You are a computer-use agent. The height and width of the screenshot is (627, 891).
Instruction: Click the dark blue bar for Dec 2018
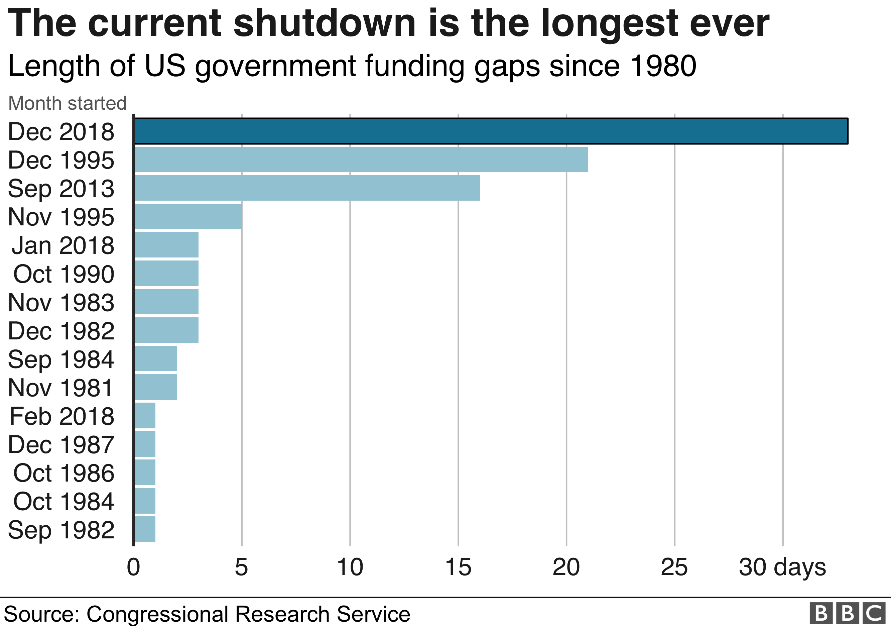coord(491,131)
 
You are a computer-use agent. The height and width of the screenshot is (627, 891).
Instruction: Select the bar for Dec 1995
coord(361,159)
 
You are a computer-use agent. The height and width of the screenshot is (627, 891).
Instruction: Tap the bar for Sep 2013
coord(307,188)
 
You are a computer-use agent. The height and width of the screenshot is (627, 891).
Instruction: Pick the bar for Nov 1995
coord(188,216)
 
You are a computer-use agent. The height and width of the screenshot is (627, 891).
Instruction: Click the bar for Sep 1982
coord(145,529)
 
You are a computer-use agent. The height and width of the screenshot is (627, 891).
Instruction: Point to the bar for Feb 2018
coord(145,415)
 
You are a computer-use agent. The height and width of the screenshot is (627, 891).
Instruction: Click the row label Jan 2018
coord(63,245)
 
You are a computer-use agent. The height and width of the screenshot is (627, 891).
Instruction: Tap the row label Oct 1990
coord(63,274)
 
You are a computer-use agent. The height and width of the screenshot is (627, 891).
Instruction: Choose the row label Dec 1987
coord(61,444)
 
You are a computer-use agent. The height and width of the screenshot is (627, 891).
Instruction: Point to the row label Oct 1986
coord(63,473)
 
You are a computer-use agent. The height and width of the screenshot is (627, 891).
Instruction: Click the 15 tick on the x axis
coord(458,567)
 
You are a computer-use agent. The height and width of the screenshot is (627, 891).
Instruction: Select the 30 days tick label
coord(782,567)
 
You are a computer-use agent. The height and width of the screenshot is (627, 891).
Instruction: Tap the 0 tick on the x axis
coord(133,567)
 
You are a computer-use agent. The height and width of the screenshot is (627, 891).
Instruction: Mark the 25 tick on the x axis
coord(674,567)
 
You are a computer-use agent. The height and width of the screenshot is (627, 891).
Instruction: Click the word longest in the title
coord(609,24)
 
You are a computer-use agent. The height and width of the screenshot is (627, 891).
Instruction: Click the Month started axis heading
coord(67,103)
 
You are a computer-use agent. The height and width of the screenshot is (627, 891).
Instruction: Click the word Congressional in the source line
coord(157,614)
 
